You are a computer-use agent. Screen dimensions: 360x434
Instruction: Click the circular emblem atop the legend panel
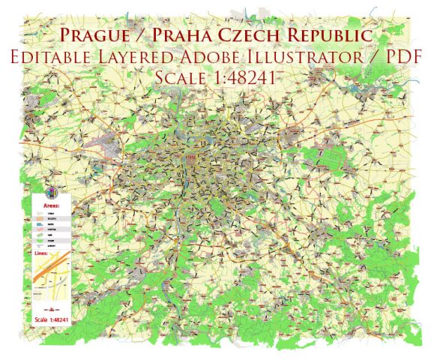point(51,192)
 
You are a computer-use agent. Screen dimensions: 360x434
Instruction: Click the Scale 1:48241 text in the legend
point(51,319)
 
